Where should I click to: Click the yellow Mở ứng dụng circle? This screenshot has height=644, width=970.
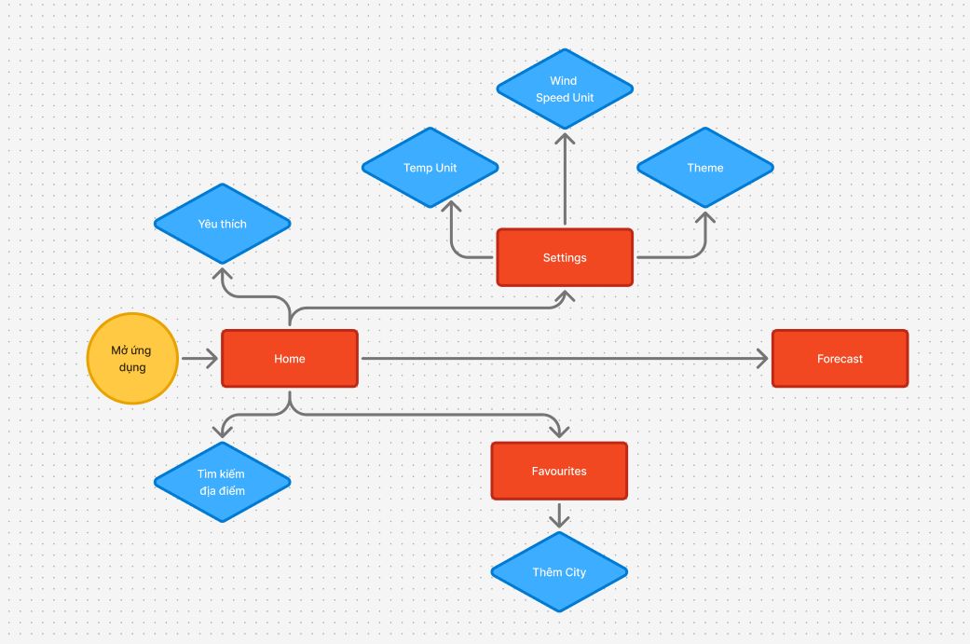pos(132,359)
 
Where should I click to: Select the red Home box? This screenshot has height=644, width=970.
pos(290,359)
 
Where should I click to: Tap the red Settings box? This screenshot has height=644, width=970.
pos(565,257)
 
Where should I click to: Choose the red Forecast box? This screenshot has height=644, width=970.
pos(840,359)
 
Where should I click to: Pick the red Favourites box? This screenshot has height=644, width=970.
pos(559,471)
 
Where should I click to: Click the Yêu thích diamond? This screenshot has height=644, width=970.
pos(222,224)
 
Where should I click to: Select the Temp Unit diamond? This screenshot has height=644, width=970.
pos(430,168)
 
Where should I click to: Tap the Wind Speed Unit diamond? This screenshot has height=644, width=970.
pos(565,89)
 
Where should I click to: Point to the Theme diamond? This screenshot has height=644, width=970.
pos(705,168)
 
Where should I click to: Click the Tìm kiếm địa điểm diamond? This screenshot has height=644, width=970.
pos(222,482)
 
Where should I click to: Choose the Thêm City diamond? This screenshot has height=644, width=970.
pos(559,571)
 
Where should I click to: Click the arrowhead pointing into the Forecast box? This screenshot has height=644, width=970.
pos(763,358)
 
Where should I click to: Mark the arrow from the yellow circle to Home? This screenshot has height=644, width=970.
pos(199,358)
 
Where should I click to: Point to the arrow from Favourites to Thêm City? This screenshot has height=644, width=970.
pos(559,515)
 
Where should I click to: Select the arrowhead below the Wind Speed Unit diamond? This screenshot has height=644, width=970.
pos(565,139)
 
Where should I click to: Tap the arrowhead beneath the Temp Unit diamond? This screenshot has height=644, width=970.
pos(452,207)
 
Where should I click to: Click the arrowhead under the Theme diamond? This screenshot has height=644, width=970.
pos(705,218)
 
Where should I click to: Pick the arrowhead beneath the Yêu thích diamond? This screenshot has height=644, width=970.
pos(222,274)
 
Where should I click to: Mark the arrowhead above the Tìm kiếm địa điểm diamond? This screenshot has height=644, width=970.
pos(222,431)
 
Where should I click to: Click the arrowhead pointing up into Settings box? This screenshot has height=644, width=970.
pos(565,296)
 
